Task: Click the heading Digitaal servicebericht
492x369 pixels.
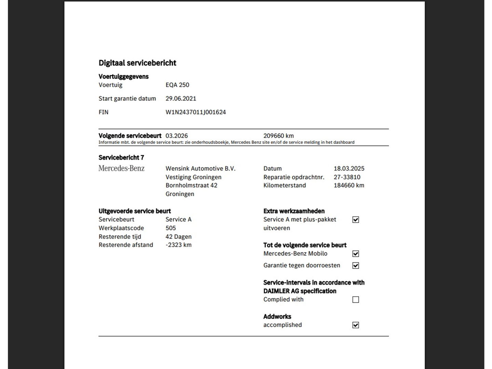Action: [x=137, y=63]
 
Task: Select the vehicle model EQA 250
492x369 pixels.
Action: [x=177, y=85]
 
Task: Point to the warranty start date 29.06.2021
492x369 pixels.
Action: [x=181, y=98]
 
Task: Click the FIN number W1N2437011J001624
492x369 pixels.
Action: [x=195, y=112]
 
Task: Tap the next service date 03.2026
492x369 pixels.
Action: [x=177, y=136]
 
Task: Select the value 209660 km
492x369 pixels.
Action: [x=278, y=136]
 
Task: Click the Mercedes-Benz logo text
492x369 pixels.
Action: [x=121, y=168]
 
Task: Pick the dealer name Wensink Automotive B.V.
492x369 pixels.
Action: [x=200, y=168]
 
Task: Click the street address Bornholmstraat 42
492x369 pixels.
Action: [x=191, y=185]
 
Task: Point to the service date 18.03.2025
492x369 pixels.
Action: [x=349, y=168]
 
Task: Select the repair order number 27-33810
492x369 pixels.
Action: [x=347, y=177]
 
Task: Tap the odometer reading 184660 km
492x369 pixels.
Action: [x=349, y=185]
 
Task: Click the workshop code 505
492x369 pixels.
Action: [x=170, y=228]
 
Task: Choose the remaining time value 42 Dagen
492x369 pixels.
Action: [x=178, y=236]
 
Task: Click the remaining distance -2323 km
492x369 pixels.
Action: [x=178, y=245]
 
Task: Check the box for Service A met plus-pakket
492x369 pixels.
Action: [x=356, y=220]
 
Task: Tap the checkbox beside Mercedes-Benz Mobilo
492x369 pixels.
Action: [x=356, y=254]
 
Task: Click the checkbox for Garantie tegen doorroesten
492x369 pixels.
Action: [x=356, y=265]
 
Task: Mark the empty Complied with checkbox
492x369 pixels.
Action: [x=356, y=300]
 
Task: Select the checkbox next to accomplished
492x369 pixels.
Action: [x=356, y=325]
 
